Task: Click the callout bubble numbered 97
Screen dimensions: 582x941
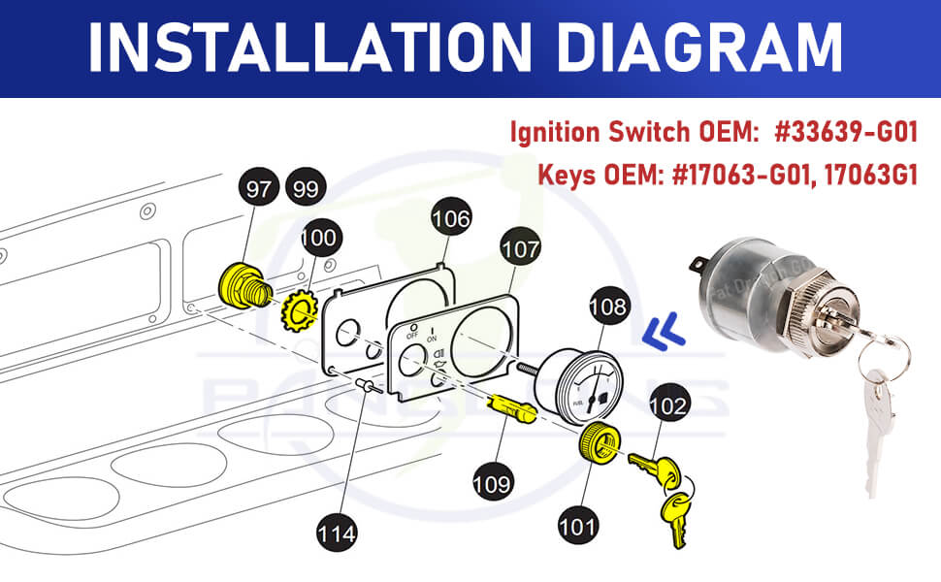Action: (x=257, y=190)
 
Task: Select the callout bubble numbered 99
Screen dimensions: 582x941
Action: (x=305, y=190)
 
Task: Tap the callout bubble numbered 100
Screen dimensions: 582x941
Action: (x=319, y=237)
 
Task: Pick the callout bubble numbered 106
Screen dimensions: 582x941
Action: (x=451, y=219)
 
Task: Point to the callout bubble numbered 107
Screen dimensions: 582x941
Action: (x=520, y=249)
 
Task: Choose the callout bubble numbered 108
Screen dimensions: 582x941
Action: (x=608, y=309)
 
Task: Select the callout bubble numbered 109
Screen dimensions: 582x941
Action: (x=493, y=479)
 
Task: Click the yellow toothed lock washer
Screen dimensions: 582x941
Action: (x=299, y=311)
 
